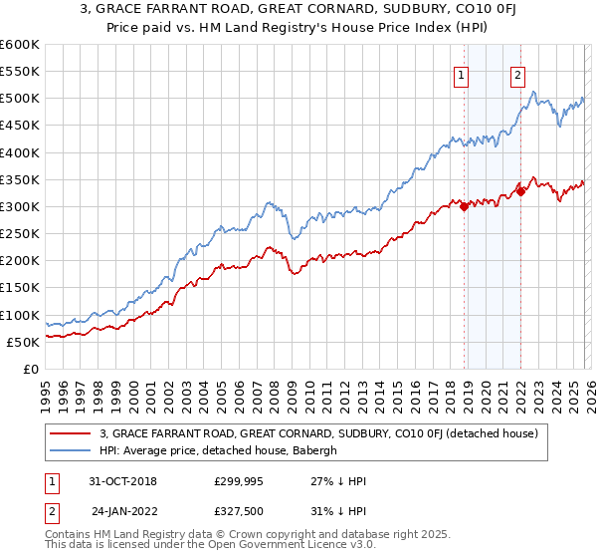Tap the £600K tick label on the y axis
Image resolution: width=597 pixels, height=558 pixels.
pos(20,45)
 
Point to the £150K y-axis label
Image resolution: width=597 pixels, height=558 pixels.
pos(20,288)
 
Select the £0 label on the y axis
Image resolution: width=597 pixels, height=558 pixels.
pos(32,369)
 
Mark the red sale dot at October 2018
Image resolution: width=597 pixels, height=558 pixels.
pos(464,206)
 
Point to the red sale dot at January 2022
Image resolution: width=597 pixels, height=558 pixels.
pos(520,192)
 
